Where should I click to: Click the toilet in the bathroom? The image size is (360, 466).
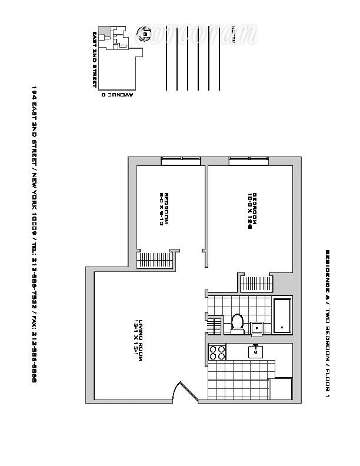238,323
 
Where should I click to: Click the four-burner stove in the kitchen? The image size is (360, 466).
217,352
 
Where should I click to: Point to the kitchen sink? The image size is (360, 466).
256,351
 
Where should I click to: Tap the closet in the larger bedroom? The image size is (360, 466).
257,283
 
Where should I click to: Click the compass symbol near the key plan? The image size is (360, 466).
143,34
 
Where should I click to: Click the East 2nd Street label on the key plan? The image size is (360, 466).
94,59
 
